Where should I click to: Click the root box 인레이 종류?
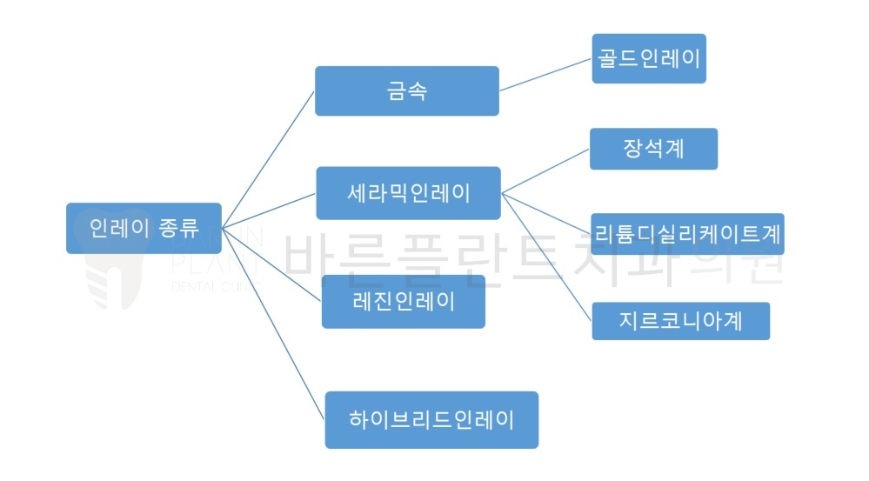(x=144, y=229)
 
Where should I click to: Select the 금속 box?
(x=406, y=90)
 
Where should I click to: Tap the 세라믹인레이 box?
(x=407, y=193)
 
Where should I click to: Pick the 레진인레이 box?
(x=403, y=302)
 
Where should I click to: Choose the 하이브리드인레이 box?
(x=431, y=420)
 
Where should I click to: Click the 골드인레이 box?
(x=648, y=59)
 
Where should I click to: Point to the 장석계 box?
(x=653, y=149)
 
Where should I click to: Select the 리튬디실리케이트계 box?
(x=687, y=234)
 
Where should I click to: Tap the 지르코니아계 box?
(x=681, y=321)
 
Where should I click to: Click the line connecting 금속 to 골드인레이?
(x=545, y=76)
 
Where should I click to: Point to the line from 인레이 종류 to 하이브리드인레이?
(x=273, y=322)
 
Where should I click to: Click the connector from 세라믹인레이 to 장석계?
(x=545, y=170)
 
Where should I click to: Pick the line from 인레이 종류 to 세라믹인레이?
(x=268, y=210)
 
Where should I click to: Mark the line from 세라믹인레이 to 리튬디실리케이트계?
(x=546, y=214)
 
